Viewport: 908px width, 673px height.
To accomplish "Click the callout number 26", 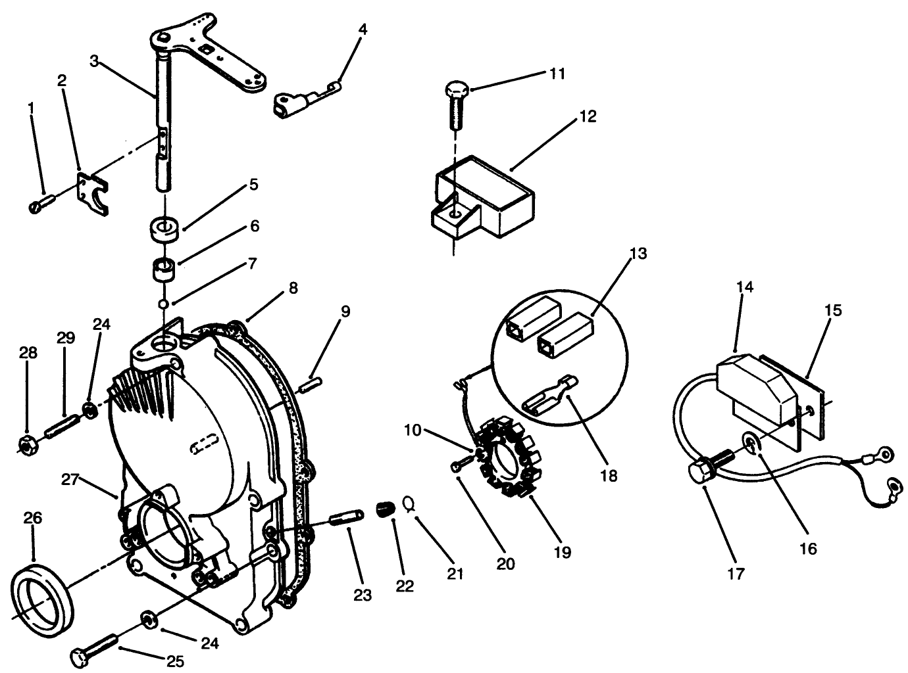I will (x=32, y=519).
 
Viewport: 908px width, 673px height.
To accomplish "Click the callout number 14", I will (x=745, y=287).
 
